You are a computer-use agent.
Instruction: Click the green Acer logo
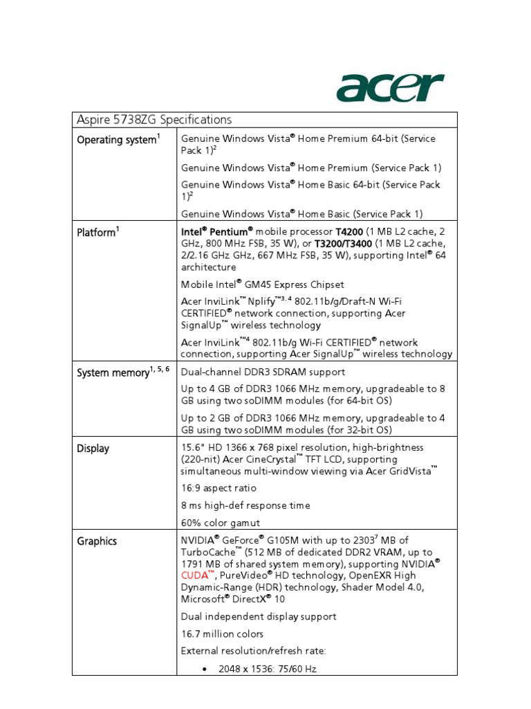click(x=389, y=88)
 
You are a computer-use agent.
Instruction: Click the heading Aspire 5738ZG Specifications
click(x=153, y=120)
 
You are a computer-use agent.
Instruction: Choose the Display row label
click(x=93, y=449)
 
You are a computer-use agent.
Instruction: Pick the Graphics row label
click(x=96, y=541)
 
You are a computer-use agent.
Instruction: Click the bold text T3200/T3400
click(x=344, y=244)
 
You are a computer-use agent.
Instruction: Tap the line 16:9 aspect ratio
click(x=218, y=488)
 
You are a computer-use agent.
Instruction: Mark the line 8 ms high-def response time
click(x=245, y=505)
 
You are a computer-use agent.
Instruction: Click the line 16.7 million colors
click(x=222, y=634)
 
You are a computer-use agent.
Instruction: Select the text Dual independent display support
click(x=259, y=616)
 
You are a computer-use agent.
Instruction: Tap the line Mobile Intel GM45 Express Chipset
click(x=262, y=285)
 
